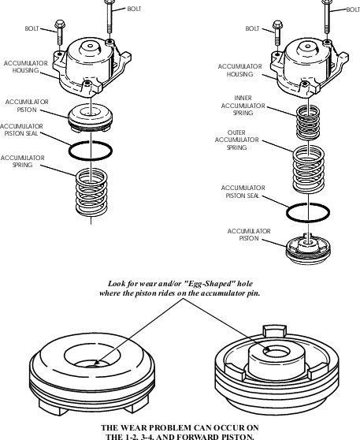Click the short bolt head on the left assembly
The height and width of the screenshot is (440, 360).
pos(60,24)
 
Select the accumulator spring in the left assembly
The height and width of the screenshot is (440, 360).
pos(91,192)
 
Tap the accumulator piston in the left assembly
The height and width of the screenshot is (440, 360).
pos(91,117)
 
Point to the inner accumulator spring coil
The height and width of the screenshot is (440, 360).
pos(308,122)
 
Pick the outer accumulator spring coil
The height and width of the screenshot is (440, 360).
pos(309,170)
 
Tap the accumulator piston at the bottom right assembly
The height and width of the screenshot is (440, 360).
pos(308,249)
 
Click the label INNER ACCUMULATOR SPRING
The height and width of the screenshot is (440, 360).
pos(243,106)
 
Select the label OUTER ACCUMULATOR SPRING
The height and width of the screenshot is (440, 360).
pos(236,140)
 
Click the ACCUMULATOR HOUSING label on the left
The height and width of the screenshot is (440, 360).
pos(25,67)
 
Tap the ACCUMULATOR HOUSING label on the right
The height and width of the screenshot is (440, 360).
pos(240,70)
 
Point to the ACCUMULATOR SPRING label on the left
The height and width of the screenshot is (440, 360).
pos(22,162)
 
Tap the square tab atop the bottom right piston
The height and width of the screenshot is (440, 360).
pos(274,330)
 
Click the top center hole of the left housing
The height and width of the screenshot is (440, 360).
pos(91,46)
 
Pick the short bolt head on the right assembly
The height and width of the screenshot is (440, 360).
pos(277,24)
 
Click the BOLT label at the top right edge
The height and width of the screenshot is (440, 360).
pos(353,9)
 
